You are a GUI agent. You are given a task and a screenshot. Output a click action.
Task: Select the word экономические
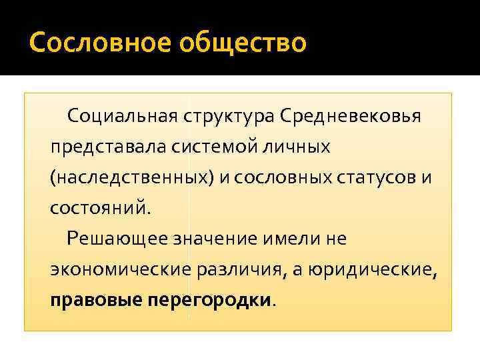[x=121, y=269]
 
